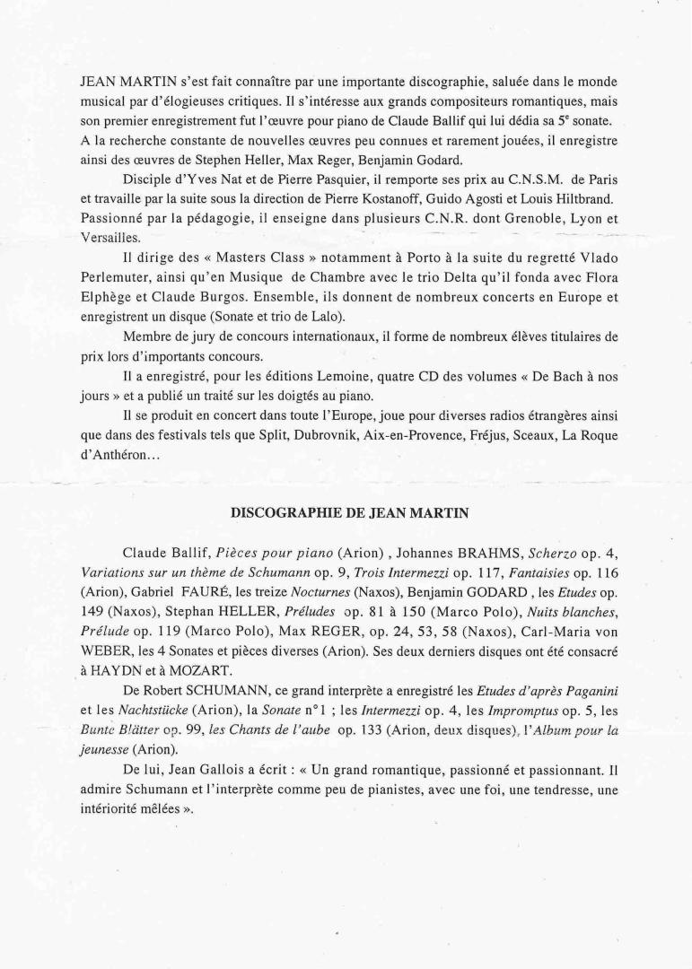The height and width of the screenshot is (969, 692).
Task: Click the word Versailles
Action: click(x=110, y=237)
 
